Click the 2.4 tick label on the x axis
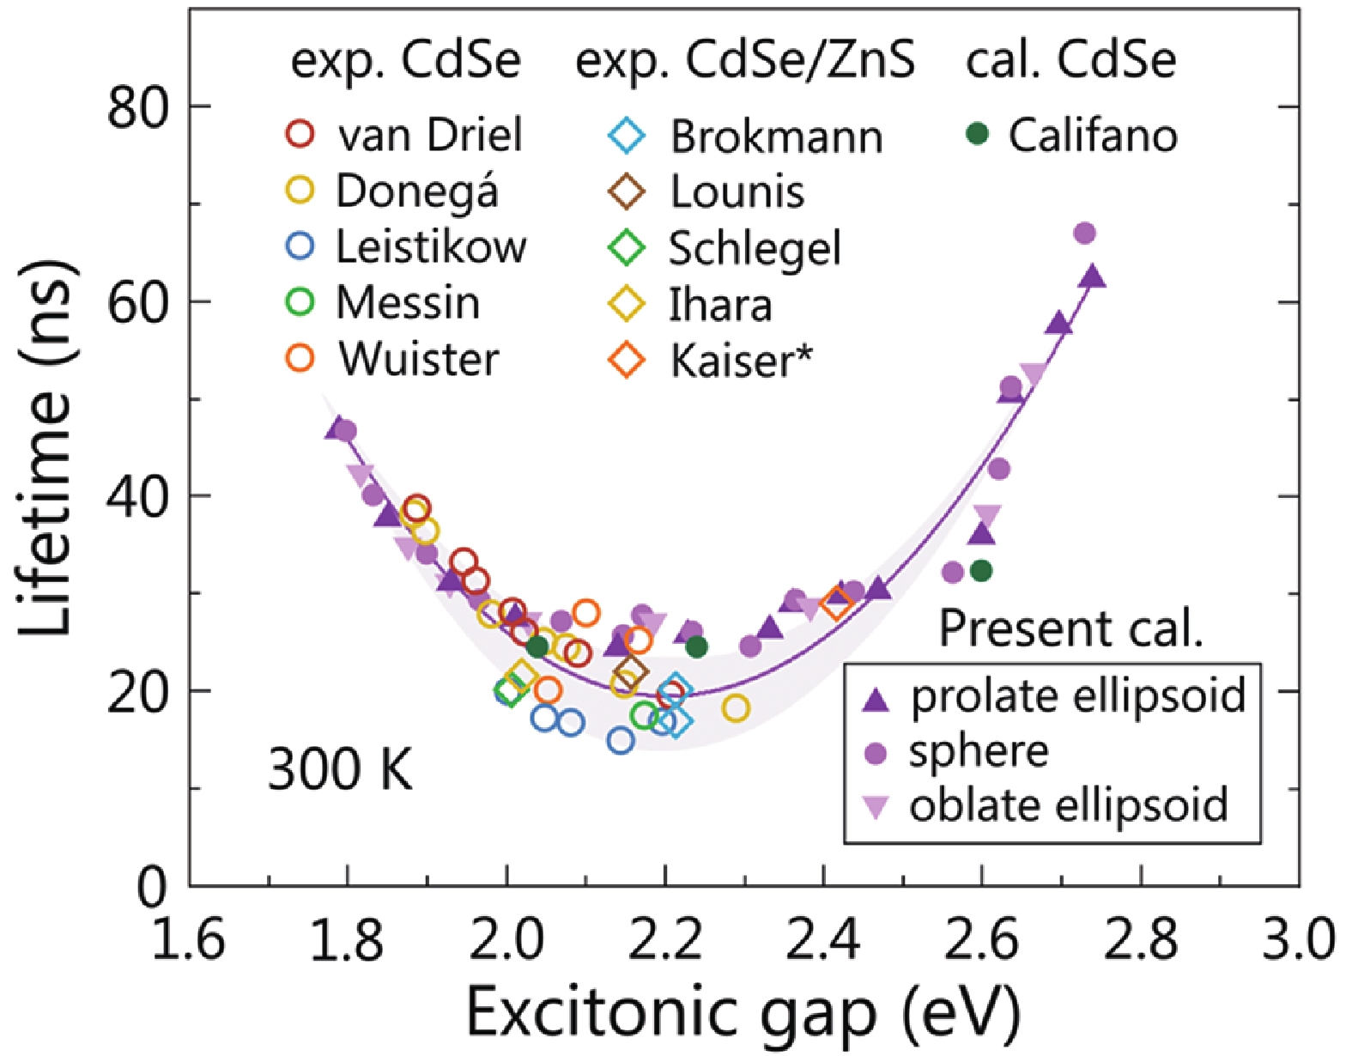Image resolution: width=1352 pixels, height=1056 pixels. (823, 938)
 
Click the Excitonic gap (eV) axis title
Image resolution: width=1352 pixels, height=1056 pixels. (743, 1013)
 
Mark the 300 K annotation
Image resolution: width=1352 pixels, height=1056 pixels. (340, 768)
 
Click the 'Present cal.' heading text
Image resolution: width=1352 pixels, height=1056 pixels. (1070, 628)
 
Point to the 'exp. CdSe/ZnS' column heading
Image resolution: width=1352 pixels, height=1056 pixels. (744, 62)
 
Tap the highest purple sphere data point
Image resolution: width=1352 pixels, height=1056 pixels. (1084, 234)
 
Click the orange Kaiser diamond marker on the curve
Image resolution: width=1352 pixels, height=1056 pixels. (836, 604)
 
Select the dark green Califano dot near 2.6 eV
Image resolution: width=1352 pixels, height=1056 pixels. (981, 570)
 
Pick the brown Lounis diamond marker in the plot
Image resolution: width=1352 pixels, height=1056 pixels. (631, 671)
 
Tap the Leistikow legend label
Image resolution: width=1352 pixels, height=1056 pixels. (430, 247)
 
